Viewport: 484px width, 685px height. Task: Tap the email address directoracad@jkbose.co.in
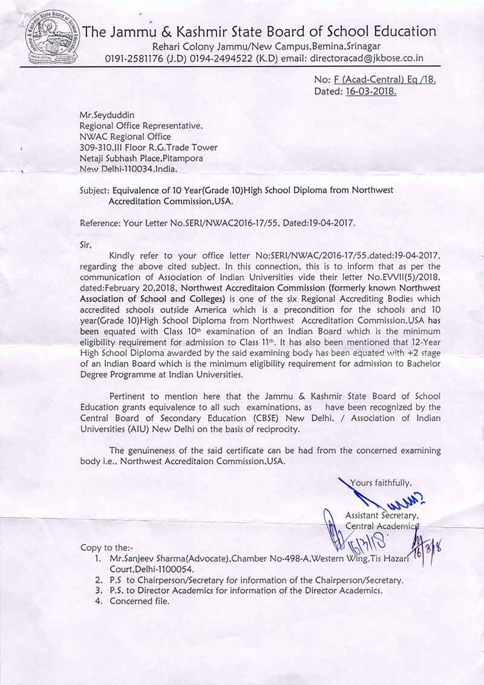click(x=367, y=59)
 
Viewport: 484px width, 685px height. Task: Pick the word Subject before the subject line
click(x=94, y=190)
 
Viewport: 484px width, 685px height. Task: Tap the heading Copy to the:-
click(x=106, y=547)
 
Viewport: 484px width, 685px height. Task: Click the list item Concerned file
click(x=140, y=601)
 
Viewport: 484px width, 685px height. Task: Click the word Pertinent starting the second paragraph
click(x=130, y=396)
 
